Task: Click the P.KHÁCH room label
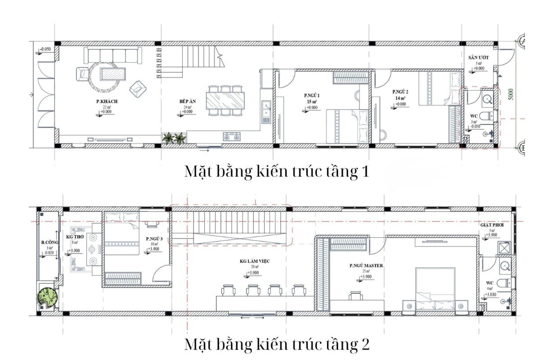click(x=107, y=102)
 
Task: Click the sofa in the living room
click(x=113, y=55)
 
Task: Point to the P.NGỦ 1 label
click(x=311, y=95)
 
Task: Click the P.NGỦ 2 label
click(x=400, y=92)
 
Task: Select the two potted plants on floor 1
click(x=174, y=138)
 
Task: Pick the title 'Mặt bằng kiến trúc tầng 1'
click(x=276, y=172)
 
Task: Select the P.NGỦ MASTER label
click(x=366, y=266)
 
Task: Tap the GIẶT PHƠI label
click(x=490, y=224)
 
